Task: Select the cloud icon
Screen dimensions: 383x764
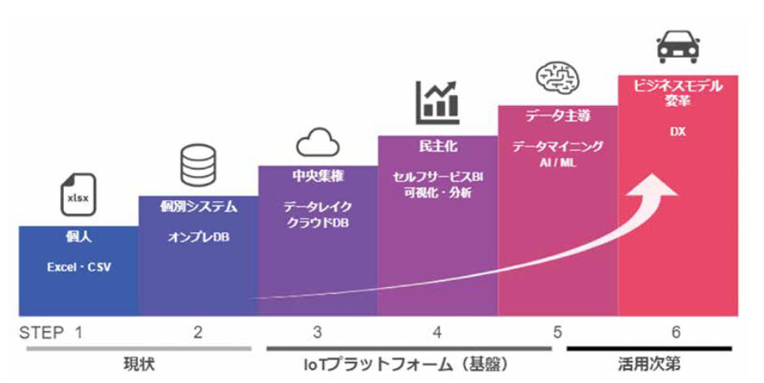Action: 317,142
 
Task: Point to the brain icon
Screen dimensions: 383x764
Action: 558,79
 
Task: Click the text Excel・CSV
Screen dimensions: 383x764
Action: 78,267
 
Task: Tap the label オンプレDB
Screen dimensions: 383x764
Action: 198,237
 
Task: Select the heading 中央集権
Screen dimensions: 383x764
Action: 318,175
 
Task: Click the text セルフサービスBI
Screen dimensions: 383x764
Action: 437,176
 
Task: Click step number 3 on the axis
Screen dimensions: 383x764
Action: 318,331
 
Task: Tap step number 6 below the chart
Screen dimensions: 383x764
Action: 677,331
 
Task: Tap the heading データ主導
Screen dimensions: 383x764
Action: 558,116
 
